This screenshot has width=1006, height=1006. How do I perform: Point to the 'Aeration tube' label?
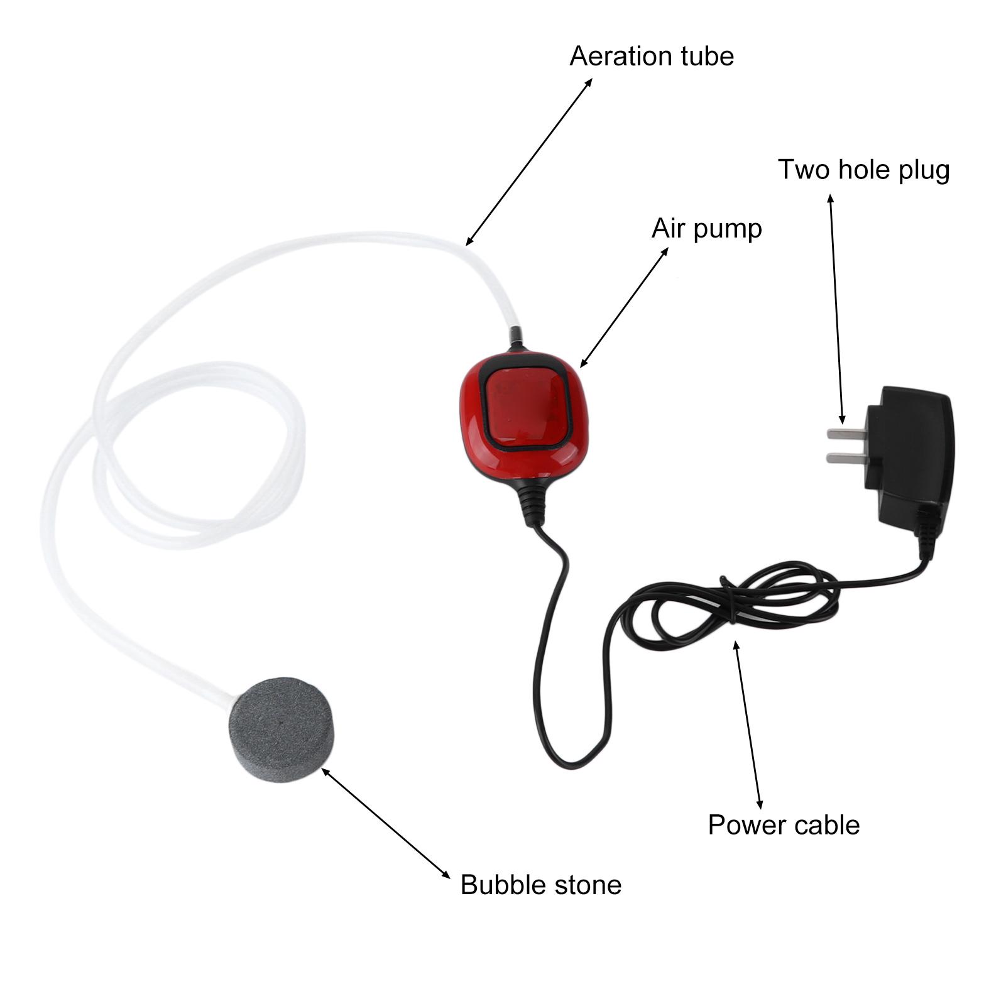click(652, 56)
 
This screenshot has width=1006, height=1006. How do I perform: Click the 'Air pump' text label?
click(706, 229)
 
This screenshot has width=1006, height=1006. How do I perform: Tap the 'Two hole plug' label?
click(864, 170)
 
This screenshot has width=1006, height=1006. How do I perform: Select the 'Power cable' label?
click(784, 825)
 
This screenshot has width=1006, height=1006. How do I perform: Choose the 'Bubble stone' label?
click(541, 885)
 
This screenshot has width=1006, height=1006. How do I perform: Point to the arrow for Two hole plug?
click(836, 309)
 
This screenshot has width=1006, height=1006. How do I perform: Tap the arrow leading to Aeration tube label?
click(529, 161)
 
